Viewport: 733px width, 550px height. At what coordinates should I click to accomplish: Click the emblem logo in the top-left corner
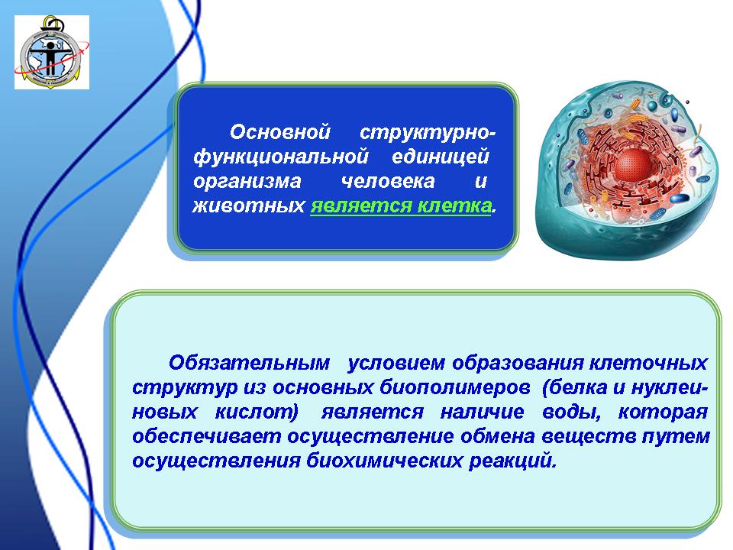[52, 52]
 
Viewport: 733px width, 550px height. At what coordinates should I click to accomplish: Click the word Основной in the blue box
[280, 132]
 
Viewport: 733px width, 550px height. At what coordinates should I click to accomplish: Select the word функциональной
[281, 157]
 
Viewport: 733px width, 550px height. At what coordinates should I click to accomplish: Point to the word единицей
[441, 157]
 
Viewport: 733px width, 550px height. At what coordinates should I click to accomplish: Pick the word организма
[247, 182]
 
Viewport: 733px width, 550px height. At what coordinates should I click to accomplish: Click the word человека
[388, 181]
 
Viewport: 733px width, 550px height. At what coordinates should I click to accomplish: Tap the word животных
[249, 205]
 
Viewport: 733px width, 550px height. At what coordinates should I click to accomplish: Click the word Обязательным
[249, 363]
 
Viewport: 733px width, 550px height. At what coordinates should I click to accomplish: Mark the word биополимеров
[455, 388]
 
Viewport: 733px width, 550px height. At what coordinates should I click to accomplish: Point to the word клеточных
[648, 364]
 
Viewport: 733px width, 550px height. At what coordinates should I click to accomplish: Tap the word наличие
[482, 412]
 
